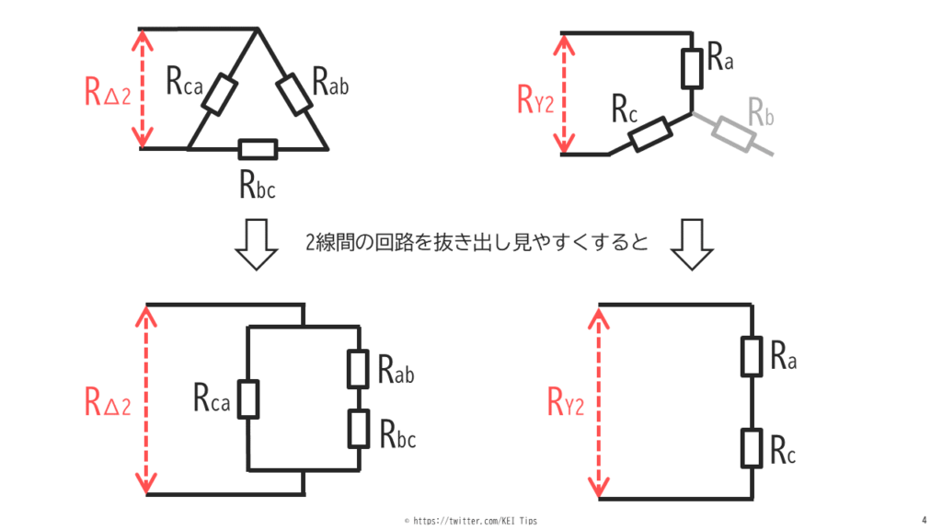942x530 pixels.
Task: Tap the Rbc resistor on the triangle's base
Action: [257, 148]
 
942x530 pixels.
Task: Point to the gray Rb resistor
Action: [734, 134]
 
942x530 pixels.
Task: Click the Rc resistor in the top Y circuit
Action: [648, 134]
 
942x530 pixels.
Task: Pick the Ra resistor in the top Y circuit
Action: [691, 65]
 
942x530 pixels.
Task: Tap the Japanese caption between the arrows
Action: [477, 243]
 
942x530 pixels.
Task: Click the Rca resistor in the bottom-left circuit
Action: [248, 398]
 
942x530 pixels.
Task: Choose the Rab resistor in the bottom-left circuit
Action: [358, 368]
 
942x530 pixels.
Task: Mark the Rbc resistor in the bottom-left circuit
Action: [358, 428]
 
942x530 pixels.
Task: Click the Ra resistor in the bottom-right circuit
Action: [752, 357]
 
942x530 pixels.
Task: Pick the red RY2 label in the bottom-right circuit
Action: [566, 402]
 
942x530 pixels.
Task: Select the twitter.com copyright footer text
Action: [470, 521]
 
